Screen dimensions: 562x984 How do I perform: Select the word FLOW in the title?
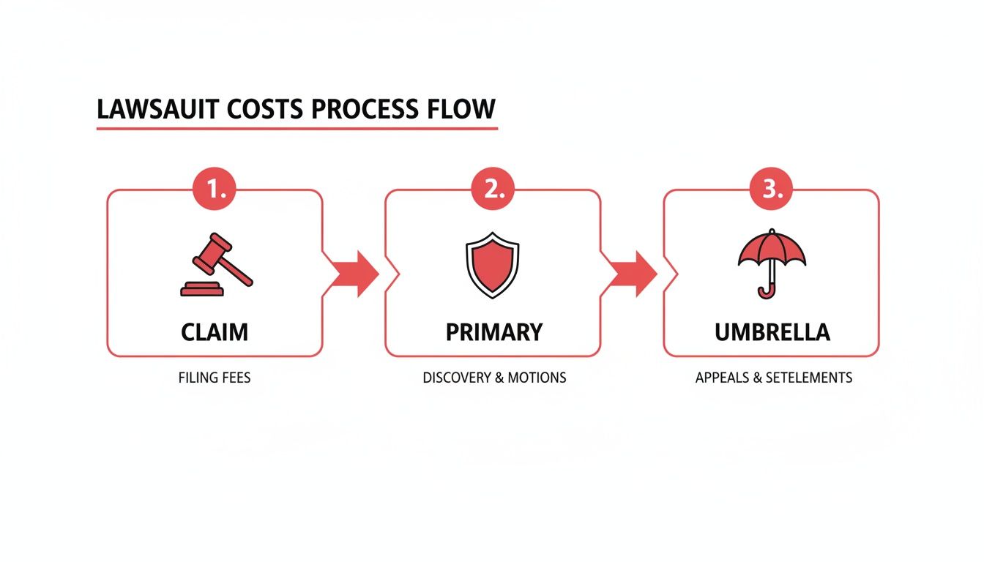click(x=461, y=110)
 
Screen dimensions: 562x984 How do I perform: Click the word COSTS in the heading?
click(x=266, y=110)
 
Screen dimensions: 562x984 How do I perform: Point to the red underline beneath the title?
click(x=297, y=129)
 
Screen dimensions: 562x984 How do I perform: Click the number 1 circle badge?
click(x=215, y=189)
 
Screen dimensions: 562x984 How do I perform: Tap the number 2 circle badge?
click(x=493, y=189)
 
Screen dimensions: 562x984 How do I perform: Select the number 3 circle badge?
click(x=771, y=189)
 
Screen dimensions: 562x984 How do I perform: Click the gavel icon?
click(x=215, y=265)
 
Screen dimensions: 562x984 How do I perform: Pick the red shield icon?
click(x=492, y=265)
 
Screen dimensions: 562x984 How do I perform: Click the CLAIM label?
click(x=215, y=331)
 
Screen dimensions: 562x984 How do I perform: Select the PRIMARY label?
click(x=493, y=331)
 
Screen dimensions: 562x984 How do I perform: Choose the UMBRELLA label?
click(x=772, y=331)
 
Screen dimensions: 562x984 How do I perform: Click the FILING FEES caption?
click(x=215, y=378)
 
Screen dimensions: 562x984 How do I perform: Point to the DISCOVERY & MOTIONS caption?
click(x=494, y=378)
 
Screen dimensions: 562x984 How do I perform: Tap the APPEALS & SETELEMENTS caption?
click(x=773, y=378)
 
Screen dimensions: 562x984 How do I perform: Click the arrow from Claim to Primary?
click(x=354, y=274)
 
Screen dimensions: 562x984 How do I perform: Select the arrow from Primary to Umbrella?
click(x=632, y=274)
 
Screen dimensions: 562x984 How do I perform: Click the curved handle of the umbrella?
click(x=766, y=291)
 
